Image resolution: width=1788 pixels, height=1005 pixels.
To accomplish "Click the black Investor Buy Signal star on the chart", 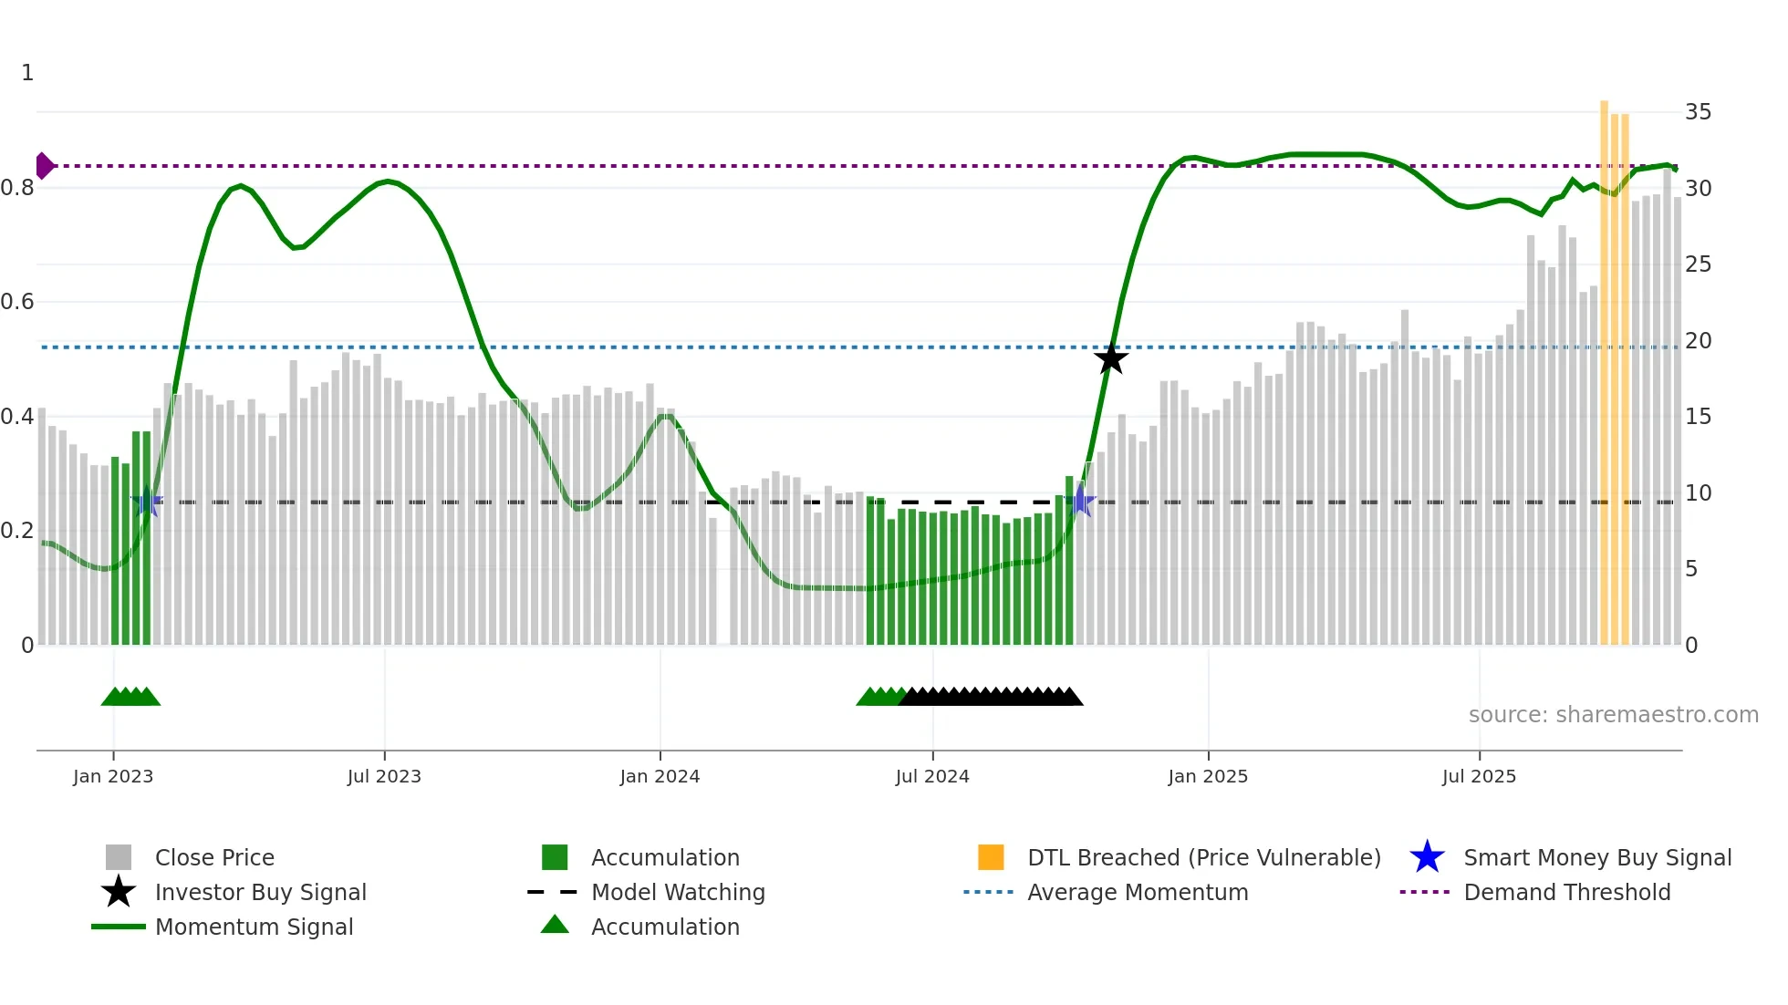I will click(1110, 358).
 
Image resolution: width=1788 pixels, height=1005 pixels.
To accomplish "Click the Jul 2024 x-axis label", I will click(931, 776).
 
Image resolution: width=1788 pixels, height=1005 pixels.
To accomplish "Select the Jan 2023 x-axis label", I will click(113, 776).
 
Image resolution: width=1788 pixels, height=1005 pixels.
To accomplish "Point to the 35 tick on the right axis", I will click(1698, 112).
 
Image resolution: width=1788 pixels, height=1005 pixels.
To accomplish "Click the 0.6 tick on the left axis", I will click(18, 302).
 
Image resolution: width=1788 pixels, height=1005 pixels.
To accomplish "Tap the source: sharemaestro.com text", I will click(1613, 715).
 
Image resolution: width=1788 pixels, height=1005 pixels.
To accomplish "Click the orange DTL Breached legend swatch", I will click(991, 857).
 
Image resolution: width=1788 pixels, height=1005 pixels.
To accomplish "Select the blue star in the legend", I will click(1427, 857).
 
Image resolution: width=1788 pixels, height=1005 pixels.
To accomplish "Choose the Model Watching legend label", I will click(678, 892).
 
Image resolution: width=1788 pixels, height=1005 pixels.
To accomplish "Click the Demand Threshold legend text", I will click(1566, 892).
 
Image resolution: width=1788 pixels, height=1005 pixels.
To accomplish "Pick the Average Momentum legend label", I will click(1138, 892).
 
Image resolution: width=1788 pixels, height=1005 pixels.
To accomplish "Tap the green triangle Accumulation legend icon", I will click(555, 925).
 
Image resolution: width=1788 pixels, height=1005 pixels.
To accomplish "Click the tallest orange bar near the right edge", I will click(1604, 365).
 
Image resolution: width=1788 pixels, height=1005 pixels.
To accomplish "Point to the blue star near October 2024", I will click(1081, 501).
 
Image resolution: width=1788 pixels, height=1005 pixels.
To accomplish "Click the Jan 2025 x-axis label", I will click(1208, 776).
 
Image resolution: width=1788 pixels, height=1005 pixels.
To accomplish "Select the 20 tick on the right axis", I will click(1698, 341).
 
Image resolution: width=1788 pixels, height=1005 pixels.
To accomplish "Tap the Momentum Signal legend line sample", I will click(119, 927).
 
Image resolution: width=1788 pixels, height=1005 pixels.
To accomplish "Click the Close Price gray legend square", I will click(119, 857).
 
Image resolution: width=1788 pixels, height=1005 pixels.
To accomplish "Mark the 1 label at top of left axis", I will click(27, 73).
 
